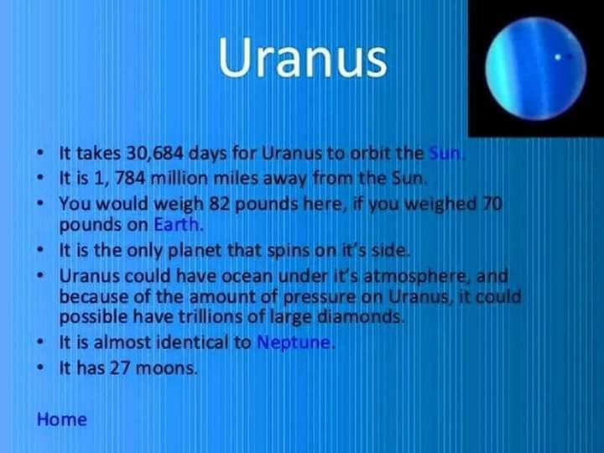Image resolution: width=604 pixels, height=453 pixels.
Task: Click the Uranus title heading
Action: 303,57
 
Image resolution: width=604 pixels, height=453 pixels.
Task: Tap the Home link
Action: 61,419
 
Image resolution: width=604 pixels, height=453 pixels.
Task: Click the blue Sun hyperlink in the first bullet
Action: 445,154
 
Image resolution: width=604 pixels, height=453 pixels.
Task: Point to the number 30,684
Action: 154,154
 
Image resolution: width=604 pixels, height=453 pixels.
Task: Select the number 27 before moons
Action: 120,368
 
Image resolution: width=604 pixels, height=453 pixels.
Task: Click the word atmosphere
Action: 414,276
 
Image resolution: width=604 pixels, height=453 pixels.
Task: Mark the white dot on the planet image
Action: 557,57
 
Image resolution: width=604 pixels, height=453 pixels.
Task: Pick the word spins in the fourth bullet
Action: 288,251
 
